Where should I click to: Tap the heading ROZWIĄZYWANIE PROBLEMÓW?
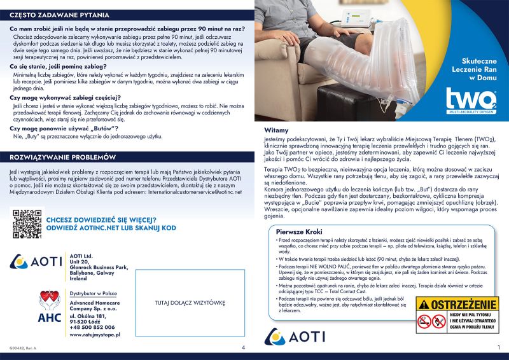pos(62,157)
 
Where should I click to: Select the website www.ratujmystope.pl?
pos(94,334)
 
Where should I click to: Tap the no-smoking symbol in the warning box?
pos(425,324)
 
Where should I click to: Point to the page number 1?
pos(499,347)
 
